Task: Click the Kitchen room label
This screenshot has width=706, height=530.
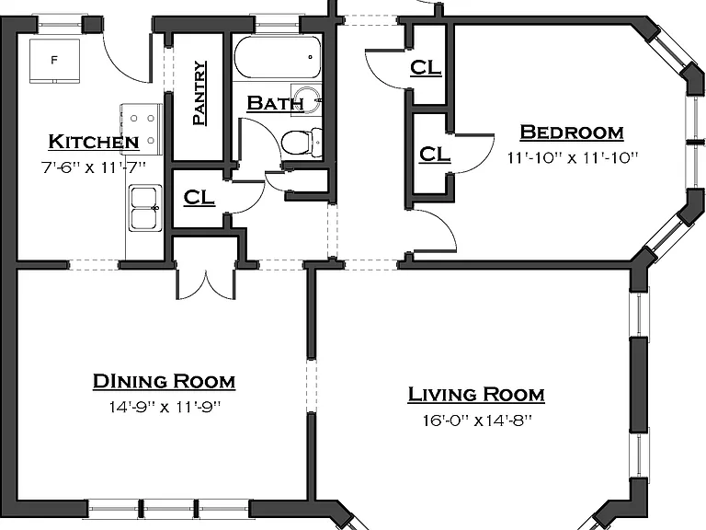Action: [x=93, y=142]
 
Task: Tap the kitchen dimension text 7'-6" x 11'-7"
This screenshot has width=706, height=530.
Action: [x=94, y=167]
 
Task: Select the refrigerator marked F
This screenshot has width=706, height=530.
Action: [x=54, y=61]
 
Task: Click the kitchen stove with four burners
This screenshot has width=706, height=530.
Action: [x=141, y=130]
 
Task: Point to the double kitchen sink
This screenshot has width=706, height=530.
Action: [x=145, y=208]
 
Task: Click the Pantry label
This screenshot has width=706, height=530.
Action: [x=199, y=93]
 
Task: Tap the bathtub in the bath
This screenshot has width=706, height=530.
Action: [x=278, y=57]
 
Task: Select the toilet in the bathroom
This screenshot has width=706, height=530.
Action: [x=302, y=142]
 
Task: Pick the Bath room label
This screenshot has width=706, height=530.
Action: [x=275, y=103]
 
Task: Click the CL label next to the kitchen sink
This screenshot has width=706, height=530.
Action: [x=199, y=198]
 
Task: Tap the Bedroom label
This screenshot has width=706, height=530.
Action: [x=572, y=132]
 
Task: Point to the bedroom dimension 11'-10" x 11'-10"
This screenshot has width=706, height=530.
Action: [x=573, y=158]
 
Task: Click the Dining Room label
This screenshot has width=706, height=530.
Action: [x=164, y=381]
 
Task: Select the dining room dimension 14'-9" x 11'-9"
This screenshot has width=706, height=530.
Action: [x=165, y=407]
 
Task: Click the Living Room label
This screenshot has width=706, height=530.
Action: [x=476, y=395]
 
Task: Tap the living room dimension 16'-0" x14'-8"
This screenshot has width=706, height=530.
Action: [x=477, y=421]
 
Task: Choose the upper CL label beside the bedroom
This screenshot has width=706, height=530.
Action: [x=426, y=67]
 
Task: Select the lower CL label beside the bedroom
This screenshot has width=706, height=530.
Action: [x=435, y=155]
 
